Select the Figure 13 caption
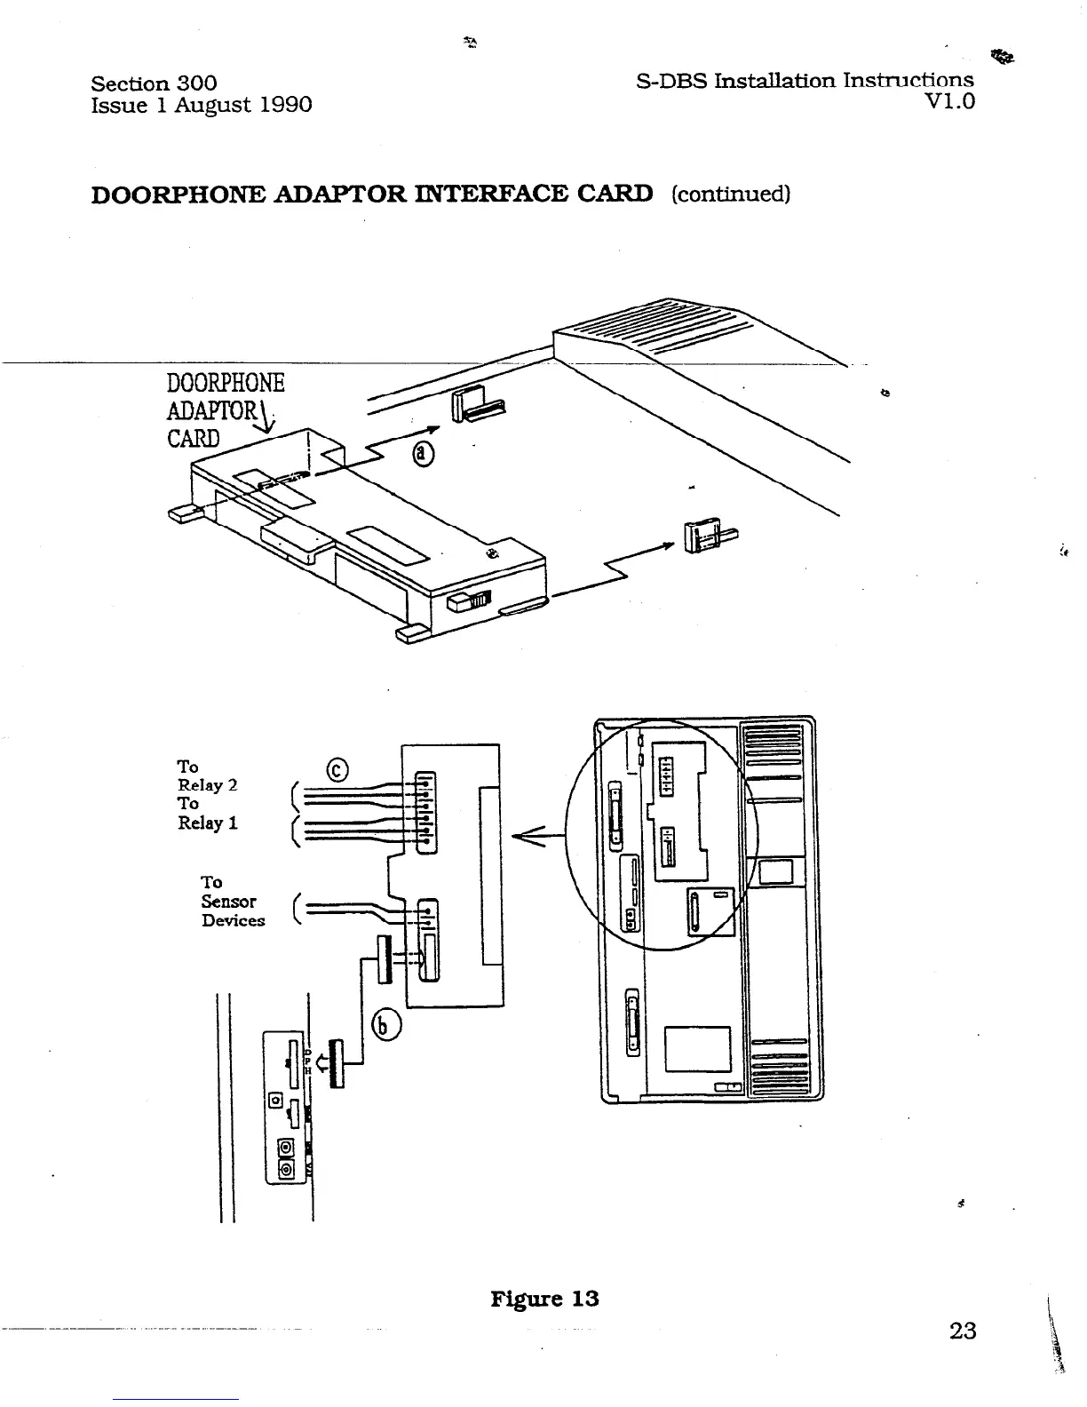(544, 1299)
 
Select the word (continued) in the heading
(730, 194)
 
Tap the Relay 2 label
(208, 785)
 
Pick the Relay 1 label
(208, 823)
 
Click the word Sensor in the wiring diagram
(228, 902)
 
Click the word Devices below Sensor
(233, 921)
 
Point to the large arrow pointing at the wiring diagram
(538, 835)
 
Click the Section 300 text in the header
(154, 83)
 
